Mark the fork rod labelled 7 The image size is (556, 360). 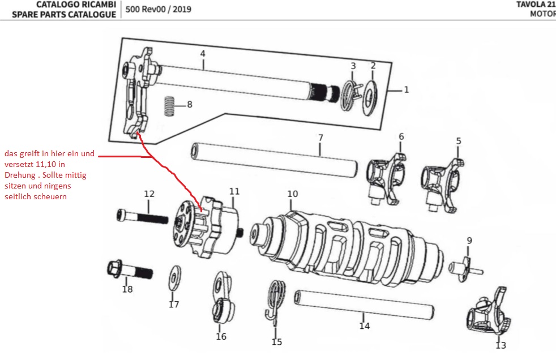click(x=274, y=158)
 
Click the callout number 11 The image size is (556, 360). click(x=234, y=191)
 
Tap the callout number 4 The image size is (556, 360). click(x=202, y=53)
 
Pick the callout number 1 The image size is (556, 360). click(x=406, y=89)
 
